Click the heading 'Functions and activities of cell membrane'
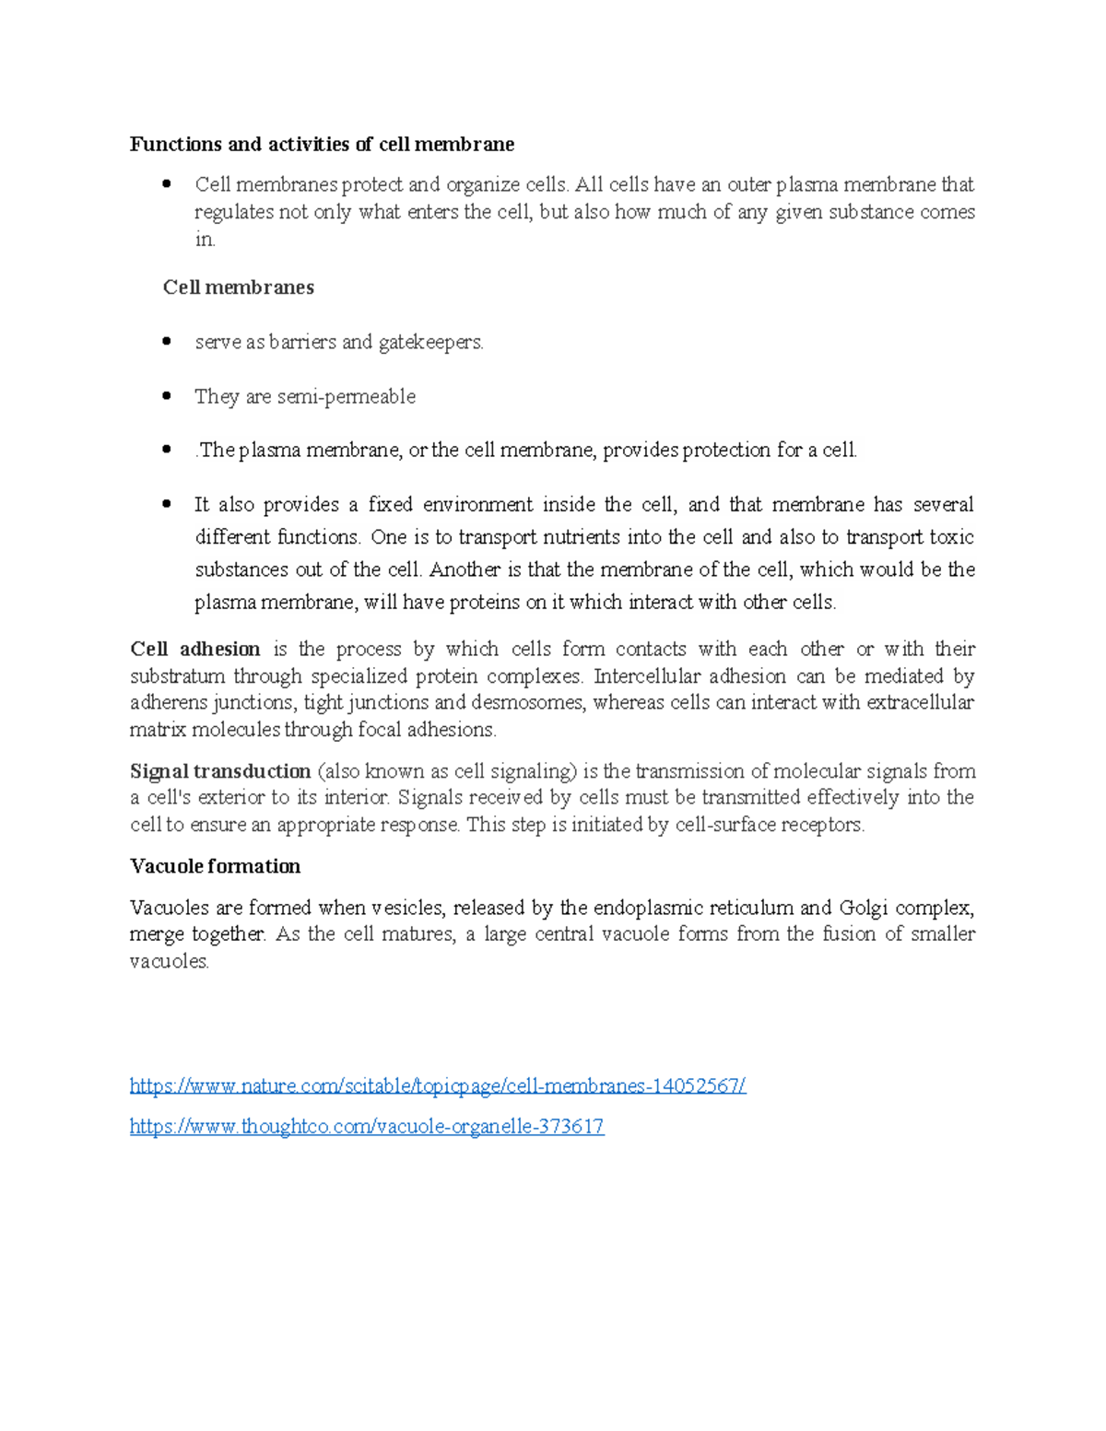(x=322, y=145)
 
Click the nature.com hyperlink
(x=437, y=1086)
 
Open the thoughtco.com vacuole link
(x=367, y=1127)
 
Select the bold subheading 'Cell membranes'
(x=238, y=287)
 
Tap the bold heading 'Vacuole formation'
(x=215, y=866)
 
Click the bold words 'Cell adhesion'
(x=194, y=649)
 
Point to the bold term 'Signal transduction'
(x=220, y=771)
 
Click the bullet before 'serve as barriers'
(x=167, y=341)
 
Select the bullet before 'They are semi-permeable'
(x=167, y=395)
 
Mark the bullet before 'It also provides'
(x=167, y=504)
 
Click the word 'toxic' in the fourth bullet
(x=952, y=537)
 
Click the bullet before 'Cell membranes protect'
(x=167, y=183)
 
